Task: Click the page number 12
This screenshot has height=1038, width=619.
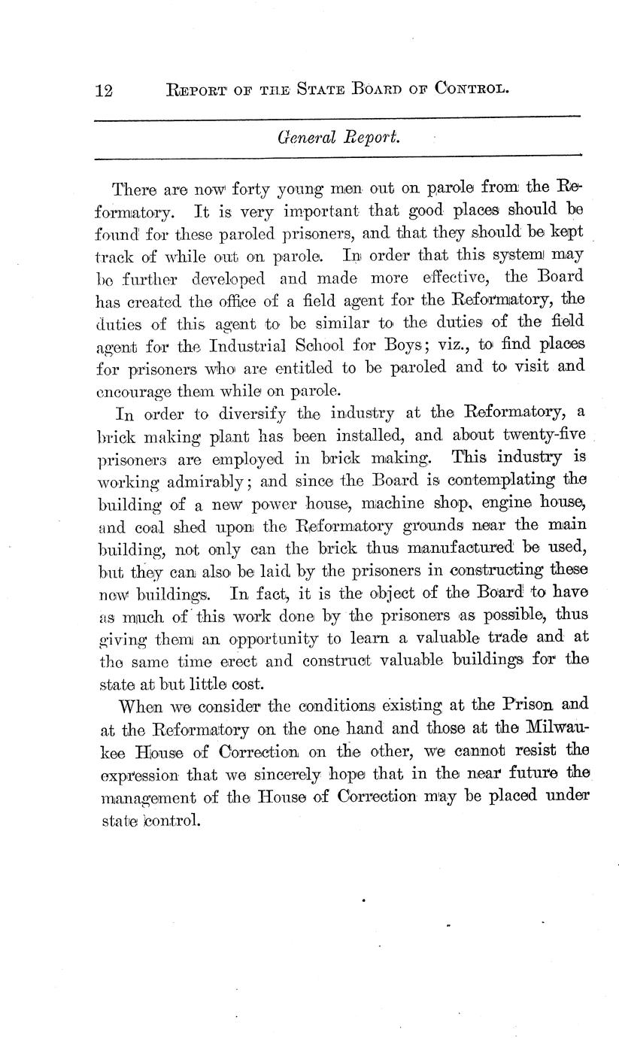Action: [x=104, y=91]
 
